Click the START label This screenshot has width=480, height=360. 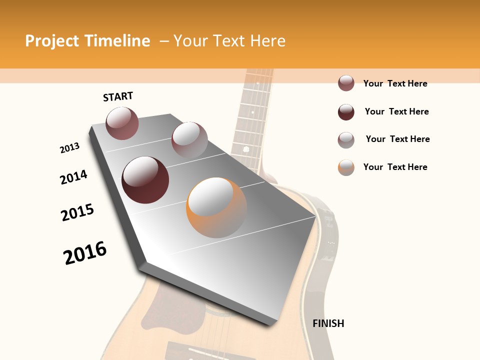pyautogui.click(x=118, y=96)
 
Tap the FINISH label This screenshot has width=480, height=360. pyautogui.click(x=328, y=323)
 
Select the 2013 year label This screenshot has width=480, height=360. pyautogui.click(x=69, y=148)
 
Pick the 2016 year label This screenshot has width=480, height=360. pyautogui.click(x=85, y=253)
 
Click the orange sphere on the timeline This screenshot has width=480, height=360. pyautogui.click(x=216, y=207)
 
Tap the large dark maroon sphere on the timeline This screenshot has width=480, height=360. pyautogui.click(x=145, y=180)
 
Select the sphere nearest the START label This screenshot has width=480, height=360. pyautogui.click(x=122, y=123)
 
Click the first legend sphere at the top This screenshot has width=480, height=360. pyautogui.click(x=346, y=83)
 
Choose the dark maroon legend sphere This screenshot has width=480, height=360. pyautogui.click(x=346, y=112)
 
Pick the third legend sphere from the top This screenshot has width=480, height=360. pyautogui.click(x=346, y=140)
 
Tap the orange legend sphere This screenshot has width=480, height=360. pyautogui.click(x=346, y=167)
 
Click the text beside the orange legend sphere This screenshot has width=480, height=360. pyautogui.click(x=395, y=167)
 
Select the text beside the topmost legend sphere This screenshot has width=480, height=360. pyautogui.click(x=395, y=83)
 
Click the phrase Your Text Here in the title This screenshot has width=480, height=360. pyautogui.click(x=229, y=41)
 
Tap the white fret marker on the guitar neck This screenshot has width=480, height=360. pyautogui.click(x=246, y=149)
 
